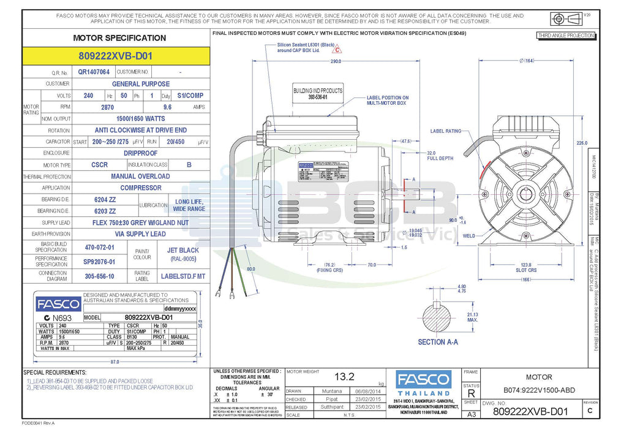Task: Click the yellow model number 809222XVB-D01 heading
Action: click(x=115, y=56)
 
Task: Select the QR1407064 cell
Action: click(x=94, y=72)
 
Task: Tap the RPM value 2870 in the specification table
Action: click(x=107, y=107)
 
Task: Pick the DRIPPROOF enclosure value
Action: click(x=140, y=153)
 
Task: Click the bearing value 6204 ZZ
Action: click(x=105, y=200)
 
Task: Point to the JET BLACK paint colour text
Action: click(x=183, y=250)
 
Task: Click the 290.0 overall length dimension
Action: click(x=335, y=61)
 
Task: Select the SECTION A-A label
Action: click(x=438, y=342)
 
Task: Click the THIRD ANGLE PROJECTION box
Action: click(x=565, y=36)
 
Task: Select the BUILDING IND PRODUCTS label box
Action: click(x=318, y=94)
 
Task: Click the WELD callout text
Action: click(x=469, y=236)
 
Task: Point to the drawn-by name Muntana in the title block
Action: click(x=332, y=390)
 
